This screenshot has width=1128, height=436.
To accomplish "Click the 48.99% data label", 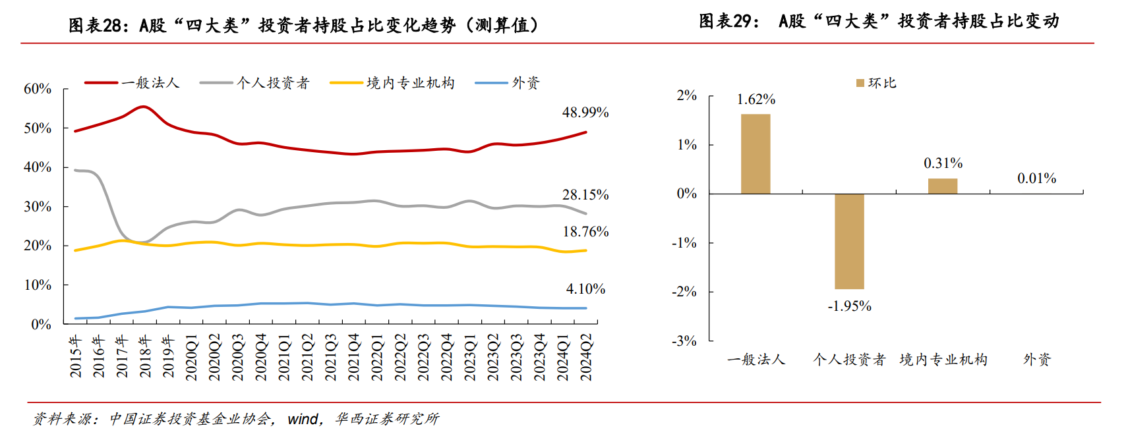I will pyautogui.click(x=585, y=113).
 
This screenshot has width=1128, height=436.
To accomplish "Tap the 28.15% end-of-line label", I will pyautogui.click(x=585, y=195).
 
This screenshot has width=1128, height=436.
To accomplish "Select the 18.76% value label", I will pyautogui.click(x=585, y=232).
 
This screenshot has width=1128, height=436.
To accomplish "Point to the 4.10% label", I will pyautogui.click(x=585, y=289).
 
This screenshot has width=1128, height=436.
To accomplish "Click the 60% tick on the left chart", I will pyautogui.click(x=38, y=89).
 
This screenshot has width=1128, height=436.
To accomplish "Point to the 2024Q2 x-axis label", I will pyautogui.click(x=586, y=357).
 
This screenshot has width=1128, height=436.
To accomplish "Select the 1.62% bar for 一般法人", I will pyautogui.click(x=756, y=154).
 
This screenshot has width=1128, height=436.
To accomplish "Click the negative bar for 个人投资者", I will pyautogui.click(x=849, y=241).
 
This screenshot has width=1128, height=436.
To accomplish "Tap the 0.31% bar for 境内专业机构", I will pyautogui.click(x=943, y=186).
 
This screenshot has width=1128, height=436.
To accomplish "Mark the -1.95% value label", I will pyautogui.click(x=849, y=306).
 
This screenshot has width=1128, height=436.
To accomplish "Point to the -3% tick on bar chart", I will pyautogui.click(x=684, y=341).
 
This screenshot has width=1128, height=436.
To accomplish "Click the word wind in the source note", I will pyautogui.click(x=303, y=419).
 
